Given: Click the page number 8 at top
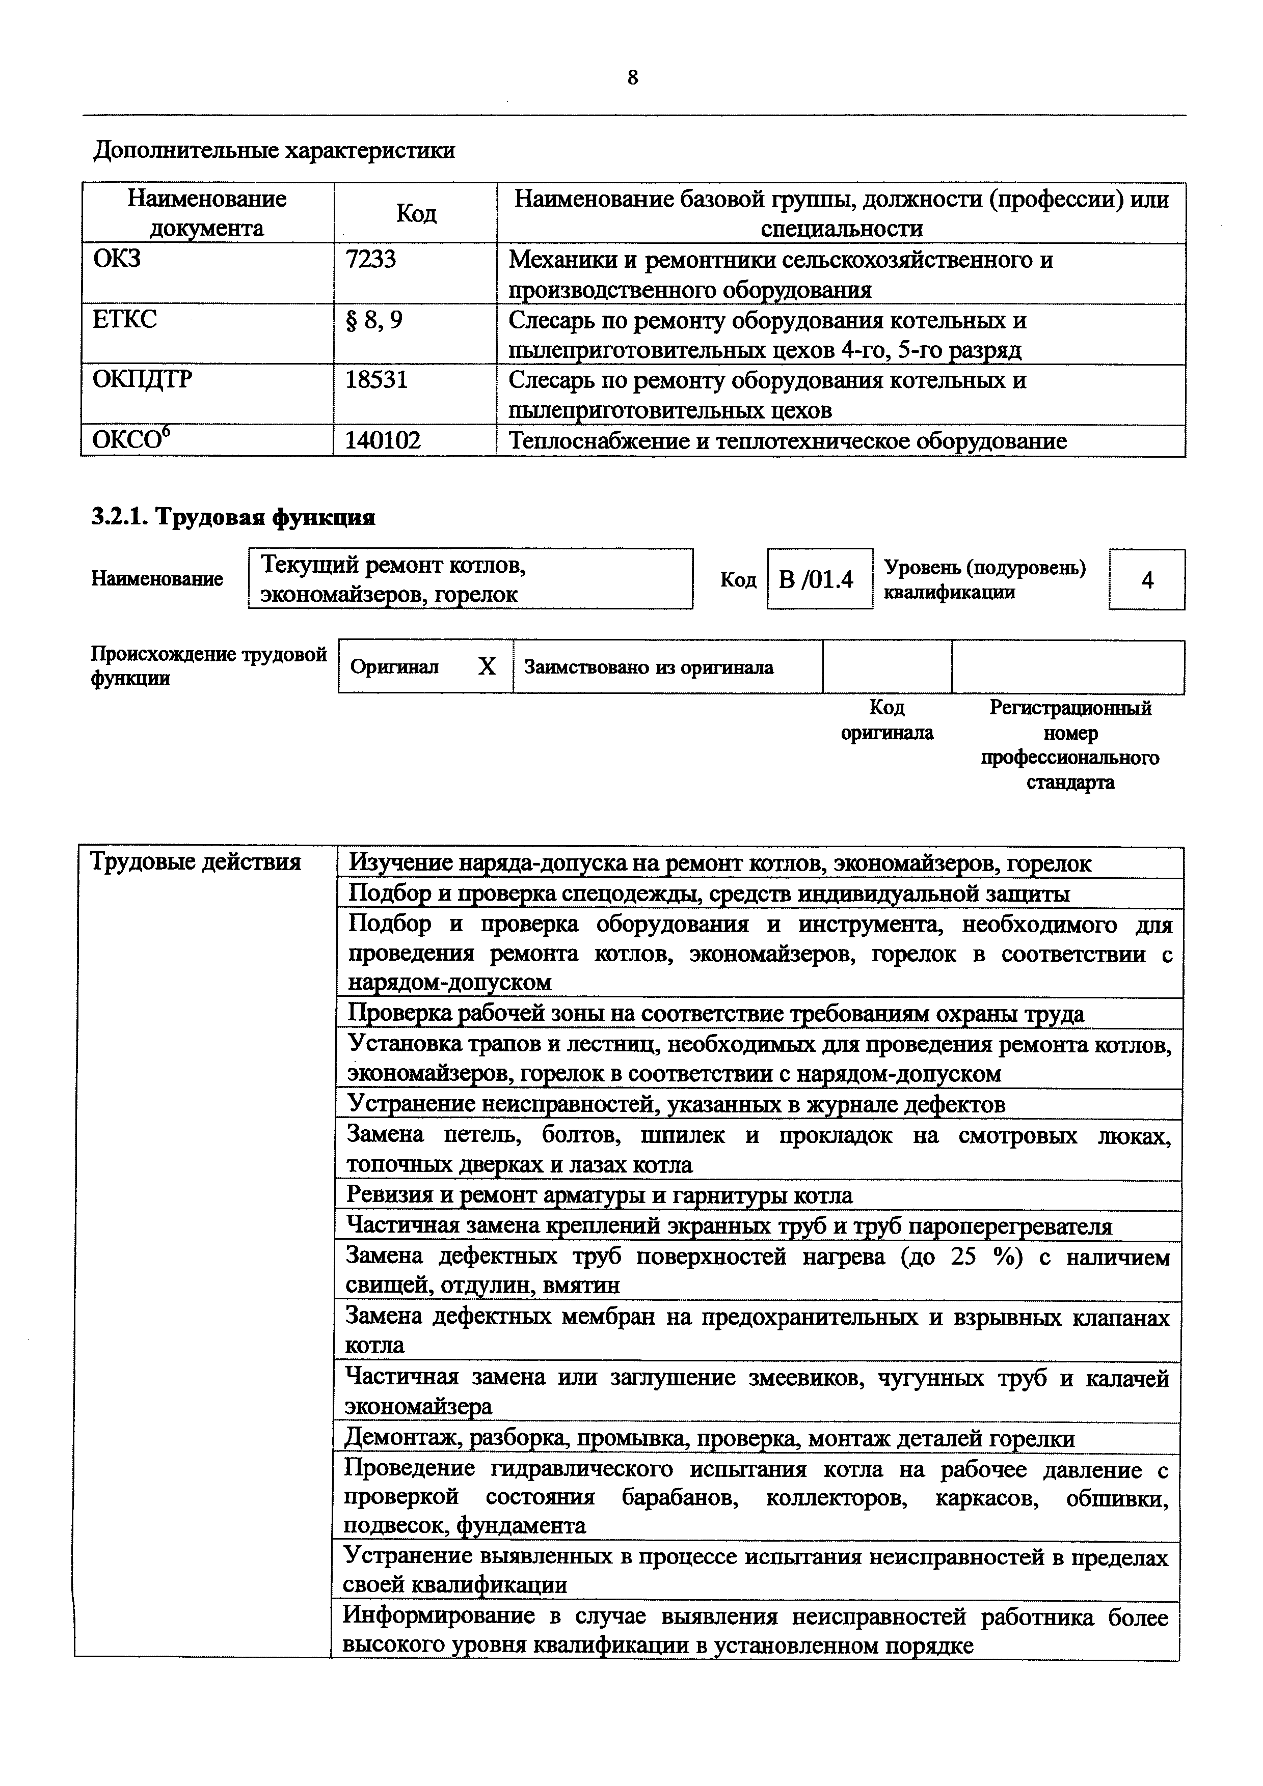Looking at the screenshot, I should [632, 78].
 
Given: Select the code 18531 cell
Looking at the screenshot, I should [376, 380].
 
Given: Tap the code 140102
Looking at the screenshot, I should [383, 441].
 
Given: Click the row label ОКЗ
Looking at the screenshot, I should [117, 258].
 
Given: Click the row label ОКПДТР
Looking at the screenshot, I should [142, 380].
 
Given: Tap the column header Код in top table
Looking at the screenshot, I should [416, 213].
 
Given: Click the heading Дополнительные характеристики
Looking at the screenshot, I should [274, 150].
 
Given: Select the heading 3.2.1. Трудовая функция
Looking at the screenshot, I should [233, 517].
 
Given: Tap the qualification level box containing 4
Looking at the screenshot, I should [1147, 579].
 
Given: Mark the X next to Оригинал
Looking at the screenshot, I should [487, 666].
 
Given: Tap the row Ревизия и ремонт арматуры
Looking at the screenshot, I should [599, 1195].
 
